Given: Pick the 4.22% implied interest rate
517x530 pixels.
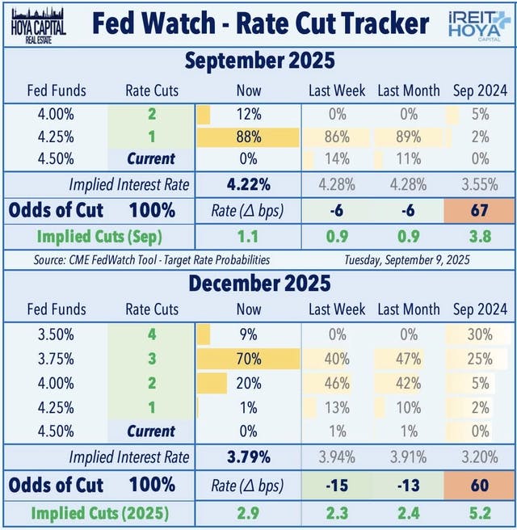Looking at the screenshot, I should pyautogui.click(x=249, y=184).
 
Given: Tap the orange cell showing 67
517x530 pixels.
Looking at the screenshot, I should pyautogui.click(x=481, y=211).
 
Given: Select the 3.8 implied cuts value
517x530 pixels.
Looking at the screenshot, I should pyautogui.click(x=481, y=238).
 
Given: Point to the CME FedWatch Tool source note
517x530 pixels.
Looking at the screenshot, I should pyautogui.click(x=154, y=260).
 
